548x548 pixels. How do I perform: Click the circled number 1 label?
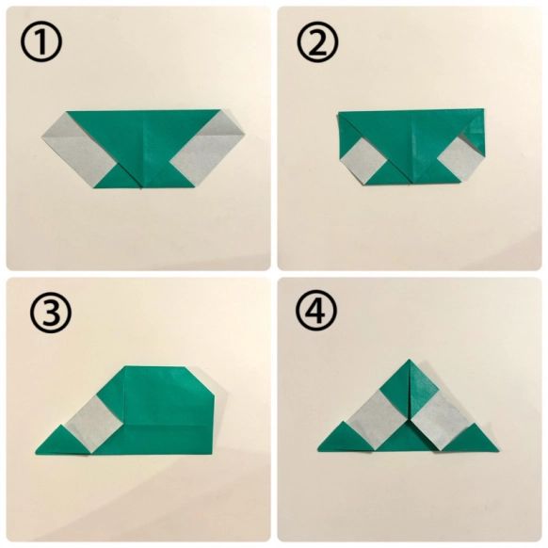tap(40, 41)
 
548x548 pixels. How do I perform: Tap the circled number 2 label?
tap(317, 41)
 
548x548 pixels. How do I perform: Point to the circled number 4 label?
tap(316, 311)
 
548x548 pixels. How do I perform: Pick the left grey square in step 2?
tap(363, 161)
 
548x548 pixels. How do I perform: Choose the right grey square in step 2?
tap(460, 159)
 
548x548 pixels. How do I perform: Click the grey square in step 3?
tap(93, 424)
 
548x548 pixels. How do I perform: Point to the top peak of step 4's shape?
tap(410, 360)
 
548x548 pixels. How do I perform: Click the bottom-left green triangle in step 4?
tap(345, 440)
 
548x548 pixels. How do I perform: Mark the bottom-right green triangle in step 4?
tap(472, 440)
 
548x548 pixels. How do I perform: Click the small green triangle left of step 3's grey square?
tap(62, 443)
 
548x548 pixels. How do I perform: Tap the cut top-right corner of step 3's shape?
tap(200, 380)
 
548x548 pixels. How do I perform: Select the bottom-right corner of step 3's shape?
tap(212, 455)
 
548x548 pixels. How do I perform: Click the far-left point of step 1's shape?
tap(41, 137)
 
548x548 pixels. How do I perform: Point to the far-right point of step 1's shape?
tap(244, 134)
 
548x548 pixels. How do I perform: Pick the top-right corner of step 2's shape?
tap(484, 109)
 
